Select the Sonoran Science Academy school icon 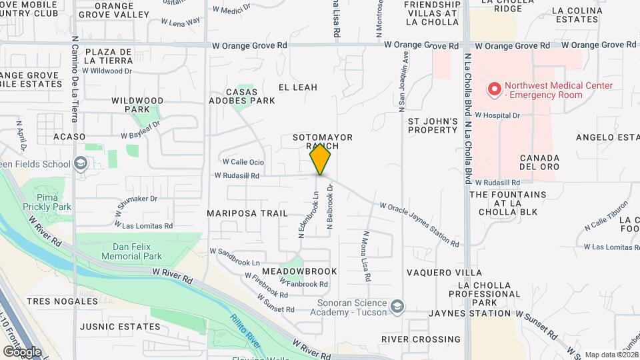(x=397, y=306)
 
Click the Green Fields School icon (x=81, y=163)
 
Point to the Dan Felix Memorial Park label (x=133, y=251)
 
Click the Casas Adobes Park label (x=251, y=96)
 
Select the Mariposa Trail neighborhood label (x=247, y=213)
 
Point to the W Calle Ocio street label (x=243, y=162)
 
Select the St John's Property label (x=433, y=125)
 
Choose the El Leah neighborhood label (x=297, y=87)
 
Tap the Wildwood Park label (x=137, y=105)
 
